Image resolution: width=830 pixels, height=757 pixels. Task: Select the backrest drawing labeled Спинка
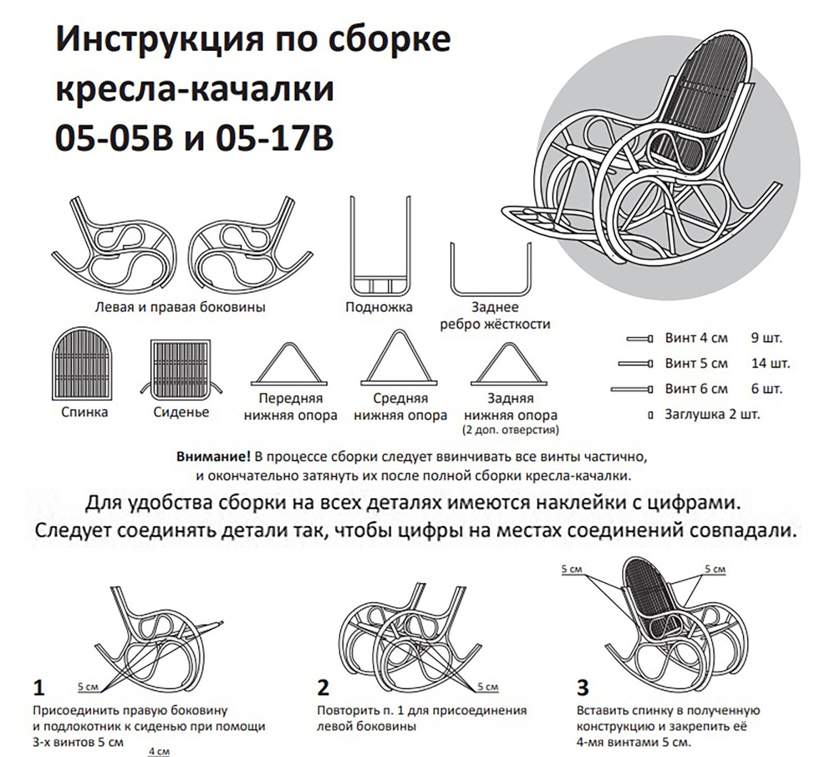click(x=82, y=363)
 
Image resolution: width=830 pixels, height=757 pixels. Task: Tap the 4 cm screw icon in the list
click(x=639, y=339)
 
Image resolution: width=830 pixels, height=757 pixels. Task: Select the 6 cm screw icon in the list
click(x=631, y=389)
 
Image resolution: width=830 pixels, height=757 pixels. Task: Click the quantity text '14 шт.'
click(x=770, y=364)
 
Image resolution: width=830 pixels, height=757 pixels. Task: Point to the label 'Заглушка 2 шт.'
click(x=712, y=415)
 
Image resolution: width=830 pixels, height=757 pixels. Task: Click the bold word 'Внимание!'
click(x=213, y=457)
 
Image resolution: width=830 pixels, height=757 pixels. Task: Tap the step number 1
click(x=38, y=688)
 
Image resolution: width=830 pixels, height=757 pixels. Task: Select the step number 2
click(x=323, y=688)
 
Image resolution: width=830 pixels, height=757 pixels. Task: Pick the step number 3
click(x=583, y=688)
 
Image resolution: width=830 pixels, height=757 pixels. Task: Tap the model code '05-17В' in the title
click(x=274, y=139)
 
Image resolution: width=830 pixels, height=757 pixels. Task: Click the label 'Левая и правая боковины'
click(x=180, y=307)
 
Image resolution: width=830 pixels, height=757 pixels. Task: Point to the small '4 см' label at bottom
click(x=159, y=751)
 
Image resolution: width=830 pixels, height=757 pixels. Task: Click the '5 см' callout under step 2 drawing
click(x=488, y=687)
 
